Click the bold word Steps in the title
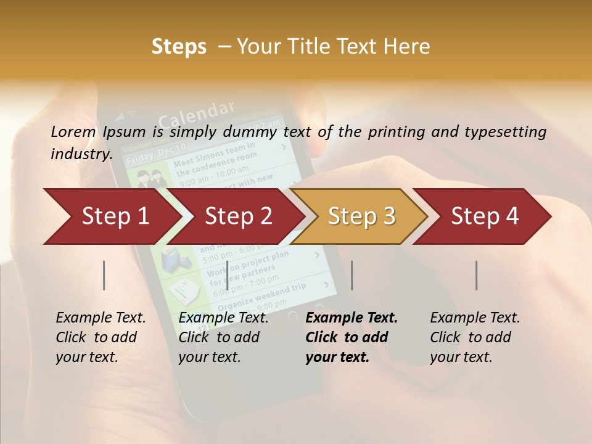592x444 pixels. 179,46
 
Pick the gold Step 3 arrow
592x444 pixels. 361,216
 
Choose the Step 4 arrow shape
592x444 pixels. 485,216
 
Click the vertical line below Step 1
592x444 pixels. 104,275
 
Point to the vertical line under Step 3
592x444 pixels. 351,275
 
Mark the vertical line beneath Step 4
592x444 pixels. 476,275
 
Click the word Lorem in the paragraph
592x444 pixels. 73,131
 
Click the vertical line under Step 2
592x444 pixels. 228,275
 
